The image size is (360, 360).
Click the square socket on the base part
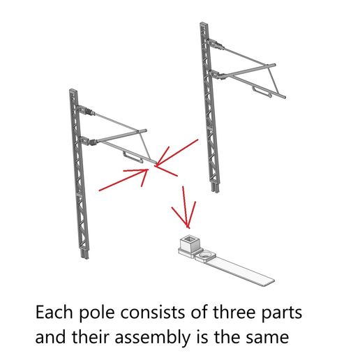(x=188, y=243)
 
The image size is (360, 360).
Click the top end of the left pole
(x=73, y=91)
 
